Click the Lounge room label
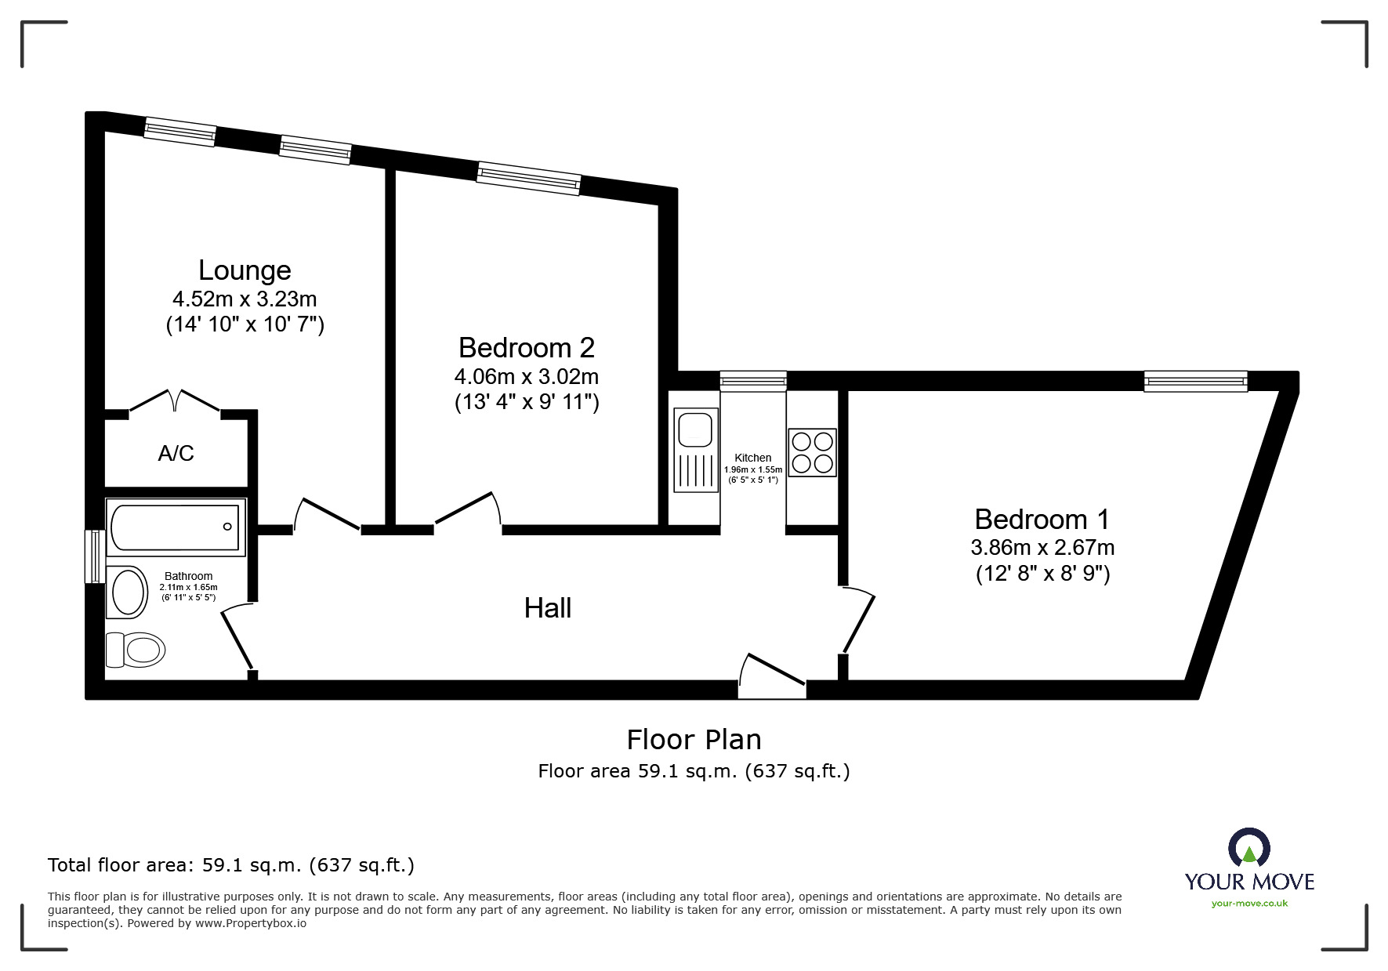(x=245, y=270)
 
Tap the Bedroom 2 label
(x=526, y=347)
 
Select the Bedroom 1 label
(x=1042, y=520)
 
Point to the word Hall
(x=547, y=608)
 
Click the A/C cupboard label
(x=176, y=453)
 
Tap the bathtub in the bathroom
(x=175, y=527)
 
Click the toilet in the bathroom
(x=135, y=650)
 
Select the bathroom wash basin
(x=129, y=592)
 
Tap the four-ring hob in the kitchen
(x=812, y=452)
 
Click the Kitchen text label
(x=752, y=458)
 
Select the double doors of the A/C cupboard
(x=175, y=400)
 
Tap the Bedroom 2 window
(x=528, y=178)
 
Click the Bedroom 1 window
(x=1194, y=382)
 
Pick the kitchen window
(x=753, y=381)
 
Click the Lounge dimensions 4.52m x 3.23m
(x=245, y=299)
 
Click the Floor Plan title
(x=694, y=739)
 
